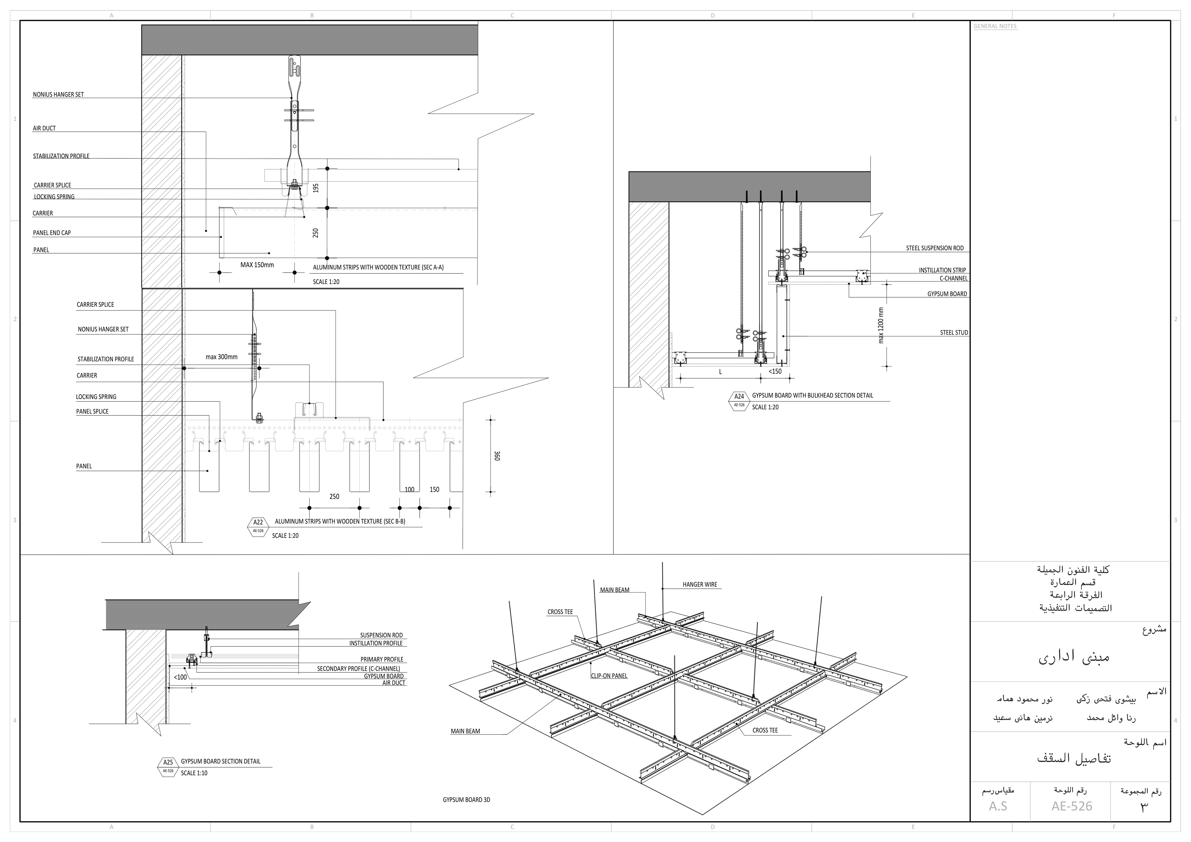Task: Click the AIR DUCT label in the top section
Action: tap(44, 128)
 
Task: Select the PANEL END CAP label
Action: tap(52, 233)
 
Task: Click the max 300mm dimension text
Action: tap(221, 357)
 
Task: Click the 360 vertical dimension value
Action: tap(497, 456)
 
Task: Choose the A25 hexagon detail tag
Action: tap(168, 765)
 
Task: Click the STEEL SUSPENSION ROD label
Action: tap(935, 248)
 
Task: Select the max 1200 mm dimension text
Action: tap(881, 325)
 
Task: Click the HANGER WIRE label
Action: tap(700, 585)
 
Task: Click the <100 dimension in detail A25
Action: tap(181, 677)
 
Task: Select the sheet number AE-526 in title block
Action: tap(1072, 806)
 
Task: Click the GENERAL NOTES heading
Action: tap(995, 26)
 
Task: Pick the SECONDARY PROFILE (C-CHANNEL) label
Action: tap(359, 669)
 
